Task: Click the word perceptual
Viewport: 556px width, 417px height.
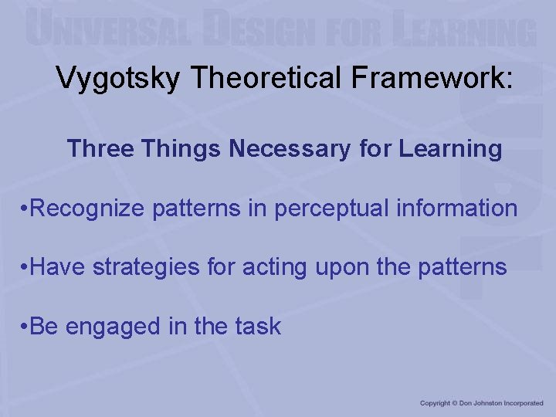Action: pyautogui.click(x=334, y=208)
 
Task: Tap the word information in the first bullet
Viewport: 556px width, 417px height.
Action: pyautogui.click(x=462, y=208)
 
